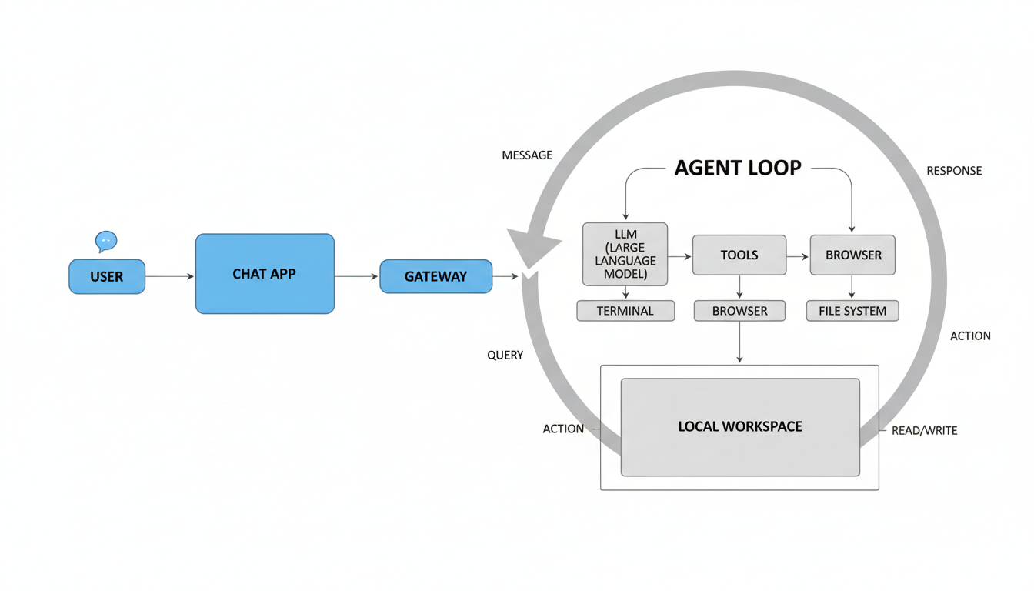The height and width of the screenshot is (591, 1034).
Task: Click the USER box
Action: [107, 277]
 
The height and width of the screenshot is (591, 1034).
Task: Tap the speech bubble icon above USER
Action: [106, 242]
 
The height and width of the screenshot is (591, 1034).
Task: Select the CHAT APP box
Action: [265, 274]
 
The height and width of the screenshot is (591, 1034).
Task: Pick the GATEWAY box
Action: [435, 276]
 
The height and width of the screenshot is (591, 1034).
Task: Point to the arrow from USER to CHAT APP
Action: [169, 276]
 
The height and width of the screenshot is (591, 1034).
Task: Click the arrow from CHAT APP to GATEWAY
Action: [357, 276]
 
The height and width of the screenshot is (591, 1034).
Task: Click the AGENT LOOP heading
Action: [738, 168]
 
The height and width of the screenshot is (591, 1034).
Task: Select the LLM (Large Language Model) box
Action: [625, 255]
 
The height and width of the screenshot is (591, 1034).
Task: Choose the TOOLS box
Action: [739, 255]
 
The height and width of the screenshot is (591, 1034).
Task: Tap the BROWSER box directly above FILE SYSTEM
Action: [853, 255]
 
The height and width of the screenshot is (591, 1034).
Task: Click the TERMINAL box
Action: [625, 311]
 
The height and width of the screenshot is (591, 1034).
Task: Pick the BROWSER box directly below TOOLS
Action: [739, 311]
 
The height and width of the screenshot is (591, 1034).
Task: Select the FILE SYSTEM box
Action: [852, 311]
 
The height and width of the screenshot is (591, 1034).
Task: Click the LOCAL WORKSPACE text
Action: [740, 426]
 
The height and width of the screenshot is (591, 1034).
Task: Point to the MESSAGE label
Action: [527, 155]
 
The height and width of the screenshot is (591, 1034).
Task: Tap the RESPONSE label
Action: [954, 171]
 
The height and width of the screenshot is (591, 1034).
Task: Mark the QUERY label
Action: [505, 356]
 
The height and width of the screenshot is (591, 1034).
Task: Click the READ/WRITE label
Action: [924, 431]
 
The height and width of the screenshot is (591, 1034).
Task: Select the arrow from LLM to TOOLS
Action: [680, 255]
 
